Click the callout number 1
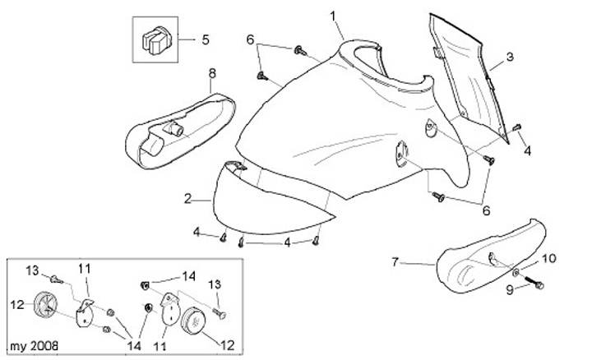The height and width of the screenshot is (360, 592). [x=334, y=16]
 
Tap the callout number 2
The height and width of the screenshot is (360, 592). [x=187, y=199]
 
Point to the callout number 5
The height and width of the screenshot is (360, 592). [x=206, y=39]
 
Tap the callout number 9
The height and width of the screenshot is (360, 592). [x=510, y=288]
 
